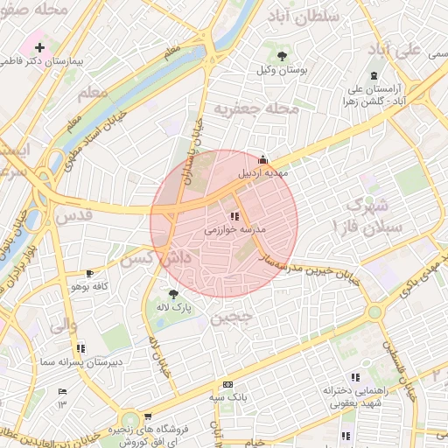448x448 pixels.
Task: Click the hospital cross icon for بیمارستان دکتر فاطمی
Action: tap(39, 45)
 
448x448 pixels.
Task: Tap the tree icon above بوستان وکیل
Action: tap(281, 56)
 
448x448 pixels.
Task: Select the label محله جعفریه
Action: tap(256, 109)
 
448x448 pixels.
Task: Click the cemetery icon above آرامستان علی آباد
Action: tap(375, 75)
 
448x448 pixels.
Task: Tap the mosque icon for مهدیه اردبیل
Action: tap(262, 158)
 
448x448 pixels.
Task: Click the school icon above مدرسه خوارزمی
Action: tap(234, 215)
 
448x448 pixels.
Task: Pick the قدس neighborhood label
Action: tap(73, 214)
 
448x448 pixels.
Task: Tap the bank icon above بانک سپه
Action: tap(227, 384)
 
